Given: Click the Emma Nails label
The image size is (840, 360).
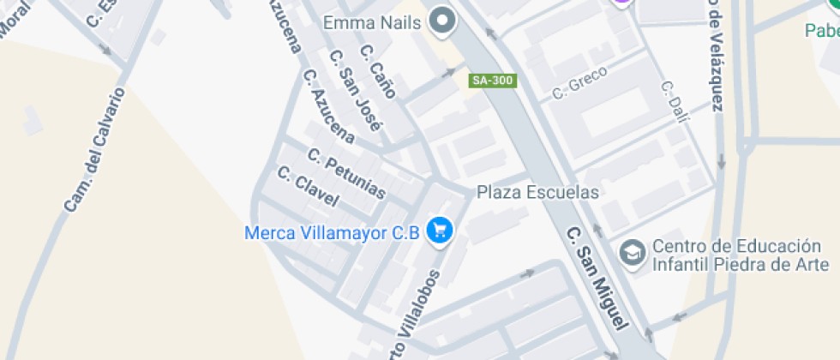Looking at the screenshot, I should (x=372, y=22).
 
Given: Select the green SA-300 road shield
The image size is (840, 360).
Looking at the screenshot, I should (x=493, y=81).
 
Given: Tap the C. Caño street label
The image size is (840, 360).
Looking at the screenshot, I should (x=378, y=72).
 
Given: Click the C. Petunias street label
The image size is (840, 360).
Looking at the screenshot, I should (x=346, y=175).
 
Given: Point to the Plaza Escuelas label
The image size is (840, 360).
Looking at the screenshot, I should (x=537, y=192).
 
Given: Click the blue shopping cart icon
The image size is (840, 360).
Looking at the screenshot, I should (x=441, y=231).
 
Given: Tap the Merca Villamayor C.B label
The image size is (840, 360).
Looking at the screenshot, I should (x=332, y=232).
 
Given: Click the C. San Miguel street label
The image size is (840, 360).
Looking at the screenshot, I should (x=597, y=278).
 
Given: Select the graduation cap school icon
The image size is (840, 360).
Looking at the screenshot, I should (x=633, y=254).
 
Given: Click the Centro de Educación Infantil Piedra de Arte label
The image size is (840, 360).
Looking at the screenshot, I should (x=741, y=255).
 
